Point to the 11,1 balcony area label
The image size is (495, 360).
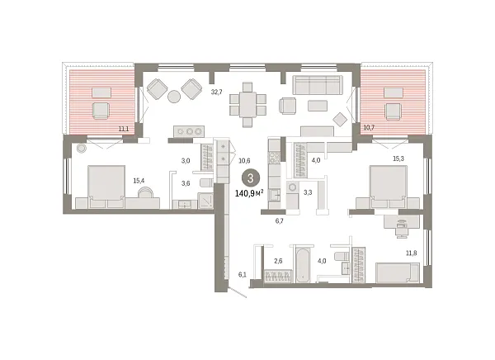pyautogui.click(x=124, y=129)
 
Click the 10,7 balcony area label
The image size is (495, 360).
pyautogui.click(x=369, y=129)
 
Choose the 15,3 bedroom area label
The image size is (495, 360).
pyautogui.click(x=398, y=159)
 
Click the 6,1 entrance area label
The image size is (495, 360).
pyautogui.click(x=243, y=275)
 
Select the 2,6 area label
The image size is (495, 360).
pyautogui.click(x=278, y=262)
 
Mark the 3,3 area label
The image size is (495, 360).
pyautogui.click(x=308, y=192)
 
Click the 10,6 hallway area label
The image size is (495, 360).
pyautogui.click(x=245, y=161)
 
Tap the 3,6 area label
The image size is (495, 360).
pyautogui.click(x=186, y=182)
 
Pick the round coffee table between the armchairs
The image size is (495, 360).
pyautogui.click(x=175, y=97)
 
